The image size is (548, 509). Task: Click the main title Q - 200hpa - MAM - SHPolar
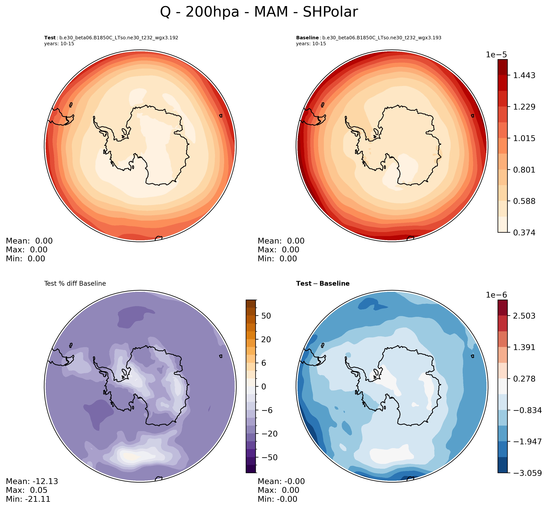[x=259, y=12]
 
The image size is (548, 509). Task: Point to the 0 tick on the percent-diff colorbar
[x=264, y=387]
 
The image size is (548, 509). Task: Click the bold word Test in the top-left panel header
[x=50, y=38]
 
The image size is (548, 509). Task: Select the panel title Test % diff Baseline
[x=75, y=283]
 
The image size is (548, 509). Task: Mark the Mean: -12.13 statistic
[x=32, y=481]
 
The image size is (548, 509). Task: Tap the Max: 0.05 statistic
[x=27, y=490]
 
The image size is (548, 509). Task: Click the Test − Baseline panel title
[x=323, y=283]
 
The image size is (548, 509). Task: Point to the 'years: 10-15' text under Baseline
[x=311, y=44]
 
